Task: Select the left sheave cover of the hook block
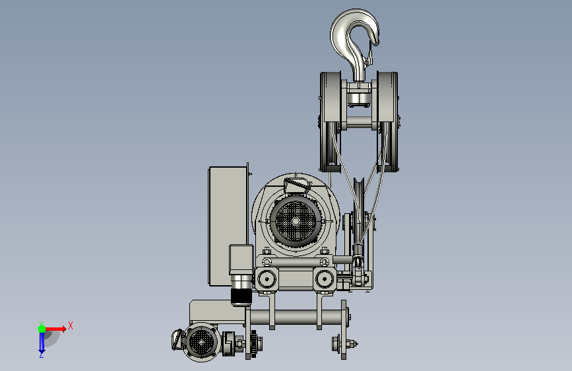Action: click(x=331, y=121)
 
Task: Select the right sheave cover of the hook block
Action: click(x=387, y=121)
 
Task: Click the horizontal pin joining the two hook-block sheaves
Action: click(x=359, y=122)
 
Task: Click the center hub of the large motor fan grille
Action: click(x=296, y=221)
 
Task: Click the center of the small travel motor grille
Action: click(x=201, y=342)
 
